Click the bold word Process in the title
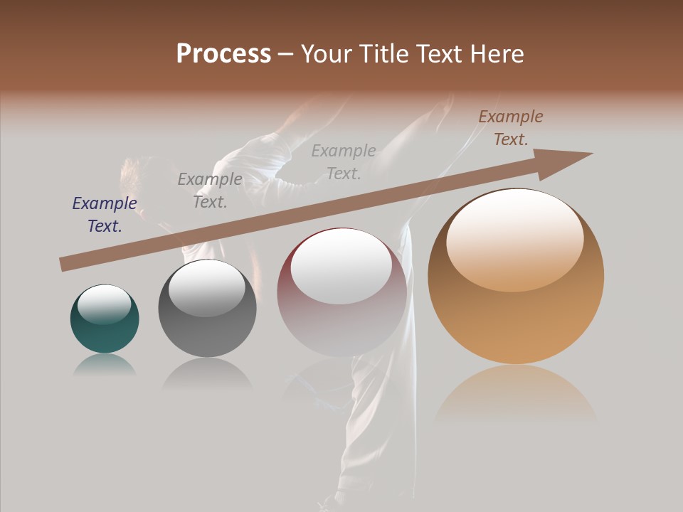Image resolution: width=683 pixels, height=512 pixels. pos(223,54)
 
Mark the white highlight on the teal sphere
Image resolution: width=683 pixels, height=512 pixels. pos(104,304)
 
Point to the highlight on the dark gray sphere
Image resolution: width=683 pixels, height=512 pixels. pos(206,287)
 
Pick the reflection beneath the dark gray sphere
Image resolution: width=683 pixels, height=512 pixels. pos(207,373)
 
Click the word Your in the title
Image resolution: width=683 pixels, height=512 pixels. pos(328,54)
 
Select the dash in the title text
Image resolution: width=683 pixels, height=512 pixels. pos(286,54)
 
